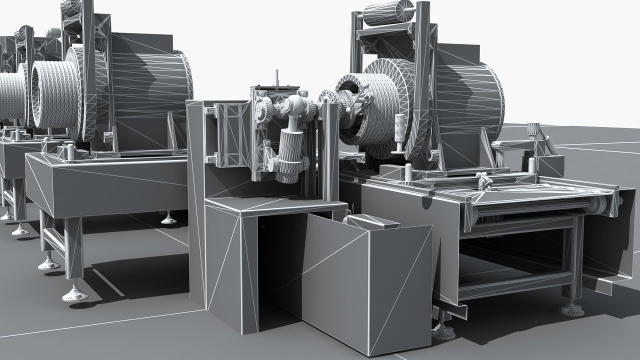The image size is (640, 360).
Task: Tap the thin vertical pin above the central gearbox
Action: [x=275, y=77]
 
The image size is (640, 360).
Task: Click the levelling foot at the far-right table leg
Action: [x=571, y=309]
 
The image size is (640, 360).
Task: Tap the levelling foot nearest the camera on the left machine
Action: [x=75, y=295]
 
